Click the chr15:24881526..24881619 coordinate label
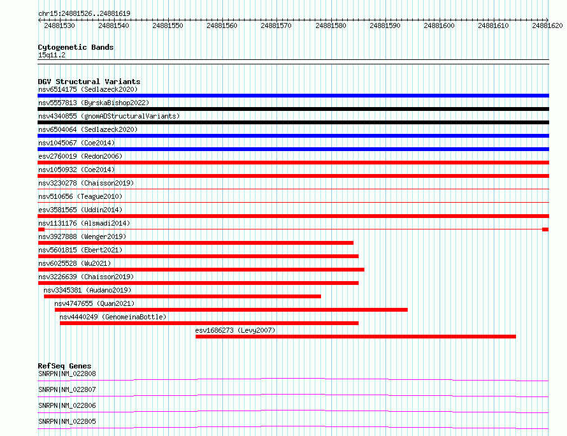pos(84,13)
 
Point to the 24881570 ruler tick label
pos(277,25)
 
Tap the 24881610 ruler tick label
pos(494,25)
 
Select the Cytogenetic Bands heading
pos(76,47)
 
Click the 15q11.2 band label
pos(52,55)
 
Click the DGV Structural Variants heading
pos(89,82)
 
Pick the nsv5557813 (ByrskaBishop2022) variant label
pos(93,103)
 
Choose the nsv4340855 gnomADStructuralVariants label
pos(109,116)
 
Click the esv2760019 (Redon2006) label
pos(80,156)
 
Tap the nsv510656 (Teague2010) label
pos(80,196)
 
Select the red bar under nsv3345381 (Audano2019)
pos(182,296)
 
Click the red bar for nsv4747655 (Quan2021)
pos(231,309)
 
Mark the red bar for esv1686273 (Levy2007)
pos(355,336)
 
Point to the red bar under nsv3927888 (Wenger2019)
pos(196,242)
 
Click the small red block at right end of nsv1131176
pos(545,229)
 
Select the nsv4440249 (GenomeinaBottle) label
pos(113,317)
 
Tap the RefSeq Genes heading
pos(64,366)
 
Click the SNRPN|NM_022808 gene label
pos(67,374)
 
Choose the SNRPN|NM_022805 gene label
pos(67,421)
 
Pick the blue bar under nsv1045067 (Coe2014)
pos(293,149)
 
